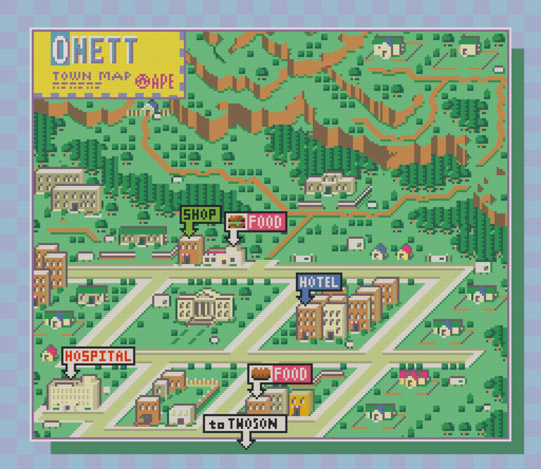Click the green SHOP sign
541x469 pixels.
click(201, 214)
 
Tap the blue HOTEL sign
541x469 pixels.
click(319, 282)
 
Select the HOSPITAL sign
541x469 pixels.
click(98, 356)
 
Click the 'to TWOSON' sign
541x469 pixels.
click(245, 424)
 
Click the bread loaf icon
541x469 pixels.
click(260, 373)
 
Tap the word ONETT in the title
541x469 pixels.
click(94, 50)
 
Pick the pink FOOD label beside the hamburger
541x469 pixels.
click(266, 222)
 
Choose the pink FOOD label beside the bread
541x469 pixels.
click(291, 374)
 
